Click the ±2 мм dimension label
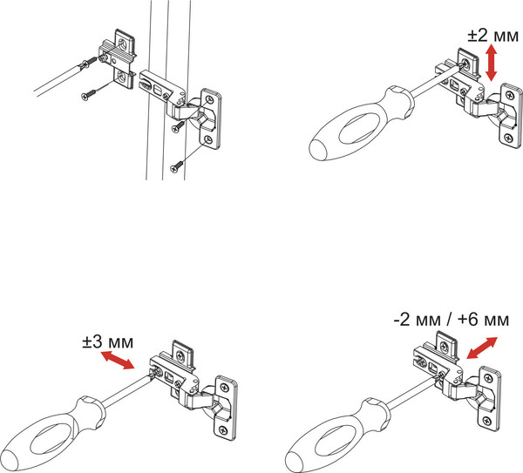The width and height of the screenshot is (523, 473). coord(493,35)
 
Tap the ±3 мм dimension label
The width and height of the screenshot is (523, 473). coord(108,341)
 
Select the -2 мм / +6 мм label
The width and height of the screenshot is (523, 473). coord(452,320)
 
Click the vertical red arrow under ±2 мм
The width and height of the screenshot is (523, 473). coord(491,63)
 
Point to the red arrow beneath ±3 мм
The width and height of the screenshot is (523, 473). coord(118,360)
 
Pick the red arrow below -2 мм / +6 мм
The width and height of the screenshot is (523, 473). coord(482,348)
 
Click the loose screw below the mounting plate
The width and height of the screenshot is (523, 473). coord(88,94)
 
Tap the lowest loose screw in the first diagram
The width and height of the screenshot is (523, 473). coord(177,167)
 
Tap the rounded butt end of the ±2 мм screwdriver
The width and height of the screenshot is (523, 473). coord(318,149)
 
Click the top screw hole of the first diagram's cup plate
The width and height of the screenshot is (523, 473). coord(209,99)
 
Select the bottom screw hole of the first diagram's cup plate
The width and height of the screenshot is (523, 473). coord(209,139)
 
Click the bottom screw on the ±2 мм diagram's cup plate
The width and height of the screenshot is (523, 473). coord(509,137)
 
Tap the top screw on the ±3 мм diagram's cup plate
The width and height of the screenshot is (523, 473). coord(224,388)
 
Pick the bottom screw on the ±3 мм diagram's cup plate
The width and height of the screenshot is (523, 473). coord(223,430)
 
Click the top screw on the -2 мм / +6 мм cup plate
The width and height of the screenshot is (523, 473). coord(488,378)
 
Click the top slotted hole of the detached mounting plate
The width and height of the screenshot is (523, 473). coord(124,43)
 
